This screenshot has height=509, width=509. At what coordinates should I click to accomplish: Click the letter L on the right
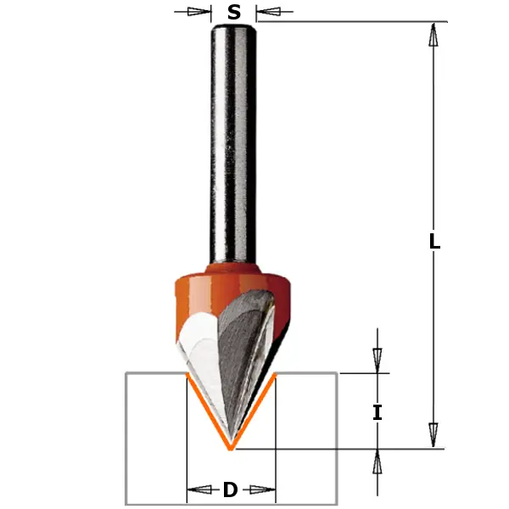click(433, 241)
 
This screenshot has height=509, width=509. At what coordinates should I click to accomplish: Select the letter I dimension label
click(378, 413)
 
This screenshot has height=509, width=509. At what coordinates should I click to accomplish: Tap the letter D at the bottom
click(230, 489)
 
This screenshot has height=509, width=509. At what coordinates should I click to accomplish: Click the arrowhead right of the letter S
click(266, 12)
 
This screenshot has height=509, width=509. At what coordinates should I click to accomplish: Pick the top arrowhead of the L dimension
click(433, 34)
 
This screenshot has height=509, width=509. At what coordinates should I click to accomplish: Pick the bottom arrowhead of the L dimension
click(433, 435)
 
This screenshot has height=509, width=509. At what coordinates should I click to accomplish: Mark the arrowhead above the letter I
click(378, 358)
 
